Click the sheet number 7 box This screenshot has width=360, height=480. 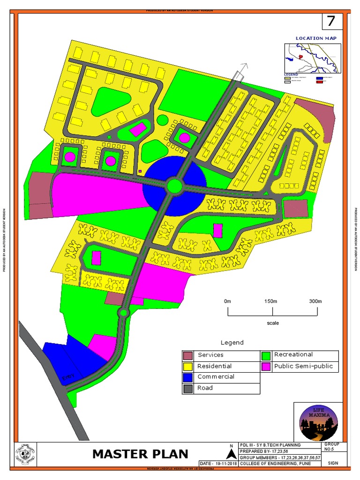point(331,21)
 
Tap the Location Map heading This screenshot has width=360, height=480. point(315,38)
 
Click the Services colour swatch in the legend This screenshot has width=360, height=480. point(188,355)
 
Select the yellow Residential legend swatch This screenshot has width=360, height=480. point(188,366)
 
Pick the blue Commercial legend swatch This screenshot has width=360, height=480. point(188,377)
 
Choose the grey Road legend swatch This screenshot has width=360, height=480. point(188,388)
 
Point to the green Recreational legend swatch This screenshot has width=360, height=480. point(266,355)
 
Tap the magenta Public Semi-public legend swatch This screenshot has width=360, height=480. point(266,367)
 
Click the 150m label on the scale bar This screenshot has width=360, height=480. point(271,301)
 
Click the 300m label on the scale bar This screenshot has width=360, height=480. point(315,301)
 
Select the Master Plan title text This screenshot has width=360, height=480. point(140,454)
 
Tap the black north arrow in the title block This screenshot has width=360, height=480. point(231,454)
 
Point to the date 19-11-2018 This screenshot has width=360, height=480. point(218,464)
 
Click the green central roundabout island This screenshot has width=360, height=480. point(174,186)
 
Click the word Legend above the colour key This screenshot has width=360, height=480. point(232,343)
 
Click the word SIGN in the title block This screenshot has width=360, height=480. point(333,463)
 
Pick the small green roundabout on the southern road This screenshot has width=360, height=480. point(124,313)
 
